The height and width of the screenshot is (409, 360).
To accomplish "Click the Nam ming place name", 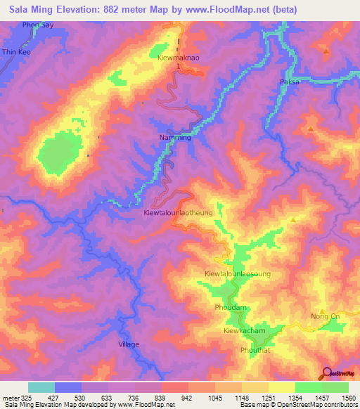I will (175, 138).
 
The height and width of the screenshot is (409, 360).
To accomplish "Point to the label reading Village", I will (128, 344).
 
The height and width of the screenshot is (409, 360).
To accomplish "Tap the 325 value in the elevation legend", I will (20, 397).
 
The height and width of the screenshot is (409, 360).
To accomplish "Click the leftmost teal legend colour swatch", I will (41, 387).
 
